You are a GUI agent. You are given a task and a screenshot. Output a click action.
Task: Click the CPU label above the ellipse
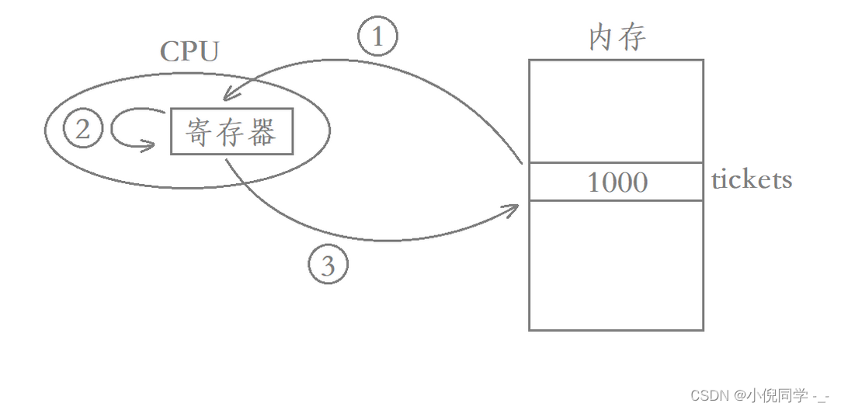[x=189, y=52]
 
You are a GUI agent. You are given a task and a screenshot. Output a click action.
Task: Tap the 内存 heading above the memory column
[x=617, y=37]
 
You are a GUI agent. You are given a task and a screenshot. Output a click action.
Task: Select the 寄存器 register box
[x=231, y=131]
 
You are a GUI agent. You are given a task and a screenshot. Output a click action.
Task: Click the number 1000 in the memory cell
[x=617, y=182]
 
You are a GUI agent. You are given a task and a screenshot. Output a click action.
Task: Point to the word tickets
[x=751, y=180]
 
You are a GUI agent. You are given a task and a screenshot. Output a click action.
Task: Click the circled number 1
[x=377, y=37]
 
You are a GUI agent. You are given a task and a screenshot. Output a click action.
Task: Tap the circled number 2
[x=83, y=129]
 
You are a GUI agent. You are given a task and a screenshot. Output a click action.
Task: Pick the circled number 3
[x=328, y=266]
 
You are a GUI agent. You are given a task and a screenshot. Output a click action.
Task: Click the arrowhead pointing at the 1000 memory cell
[x=513, y=207]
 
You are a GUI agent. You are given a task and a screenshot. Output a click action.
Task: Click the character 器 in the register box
[x=263, y=132]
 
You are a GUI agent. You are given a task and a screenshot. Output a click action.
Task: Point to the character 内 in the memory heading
[x=603, y=37]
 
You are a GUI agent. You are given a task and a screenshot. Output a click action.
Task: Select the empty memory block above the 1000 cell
[x=616, y=111]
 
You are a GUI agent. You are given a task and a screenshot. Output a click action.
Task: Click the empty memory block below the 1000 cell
[x=616, y=265]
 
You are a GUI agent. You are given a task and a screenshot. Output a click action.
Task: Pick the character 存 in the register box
[x=231, y=132]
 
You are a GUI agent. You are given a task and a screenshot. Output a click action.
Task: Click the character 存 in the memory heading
[x=633, y=37]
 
